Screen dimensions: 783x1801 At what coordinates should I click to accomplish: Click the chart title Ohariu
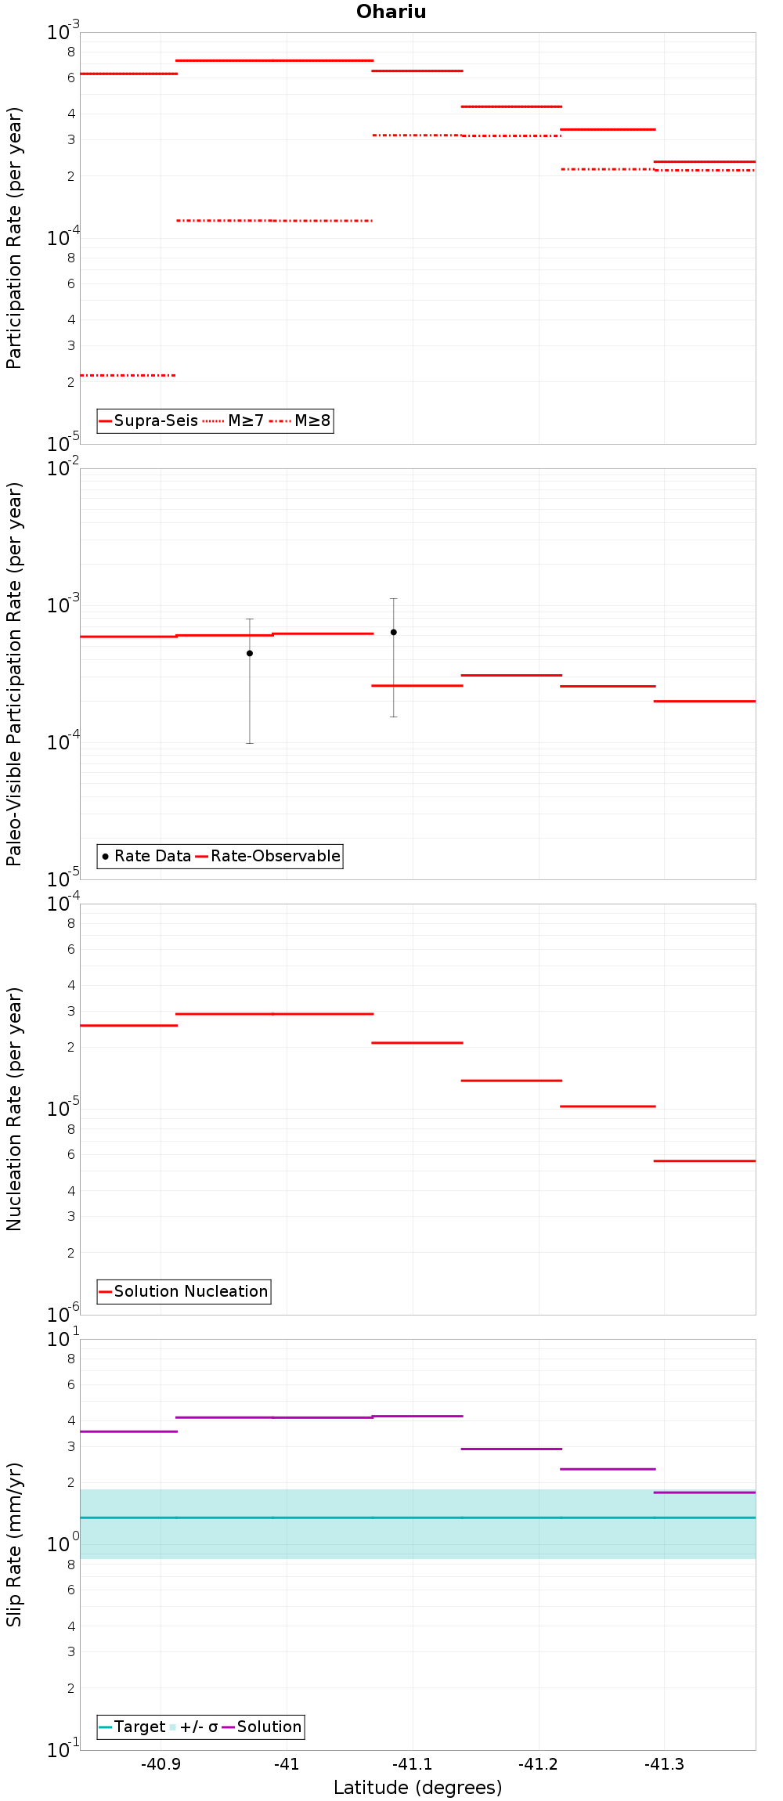(391, 12)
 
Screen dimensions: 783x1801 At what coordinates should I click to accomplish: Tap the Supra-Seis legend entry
(149, 421)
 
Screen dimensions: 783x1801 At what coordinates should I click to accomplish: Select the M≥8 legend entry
(301, 421)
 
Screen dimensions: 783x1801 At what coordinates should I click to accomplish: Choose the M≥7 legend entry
(233, 421)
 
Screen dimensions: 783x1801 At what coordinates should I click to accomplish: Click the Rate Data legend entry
(146, 857)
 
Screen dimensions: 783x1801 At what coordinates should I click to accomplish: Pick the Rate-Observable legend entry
(268, 857)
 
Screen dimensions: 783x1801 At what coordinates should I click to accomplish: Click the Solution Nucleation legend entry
(183, 1292)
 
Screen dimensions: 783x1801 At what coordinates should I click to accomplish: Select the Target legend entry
(132, 1727)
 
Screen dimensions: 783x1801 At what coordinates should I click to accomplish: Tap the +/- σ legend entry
(193, 1727)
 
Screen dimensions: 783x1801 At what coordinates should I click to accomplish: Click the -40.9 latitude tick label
(161, 1764)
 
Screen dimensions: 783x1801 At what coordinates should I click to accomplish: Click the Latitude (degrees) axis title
(418, 1788)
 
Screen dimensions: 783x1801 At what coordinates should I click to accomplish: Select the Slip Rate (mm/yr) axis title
(14, 1544)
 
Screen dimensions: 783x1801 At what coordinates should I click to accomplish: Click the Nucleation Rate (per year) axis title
(14, 1109)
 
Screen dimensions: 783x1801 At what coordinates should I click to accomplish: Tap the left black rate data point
(250, 653)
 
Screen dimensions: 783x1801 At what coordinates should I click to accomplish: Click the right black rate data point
(394, 632)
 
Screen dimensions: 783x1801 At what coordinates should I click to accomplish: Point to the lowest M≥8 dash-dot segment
(128, 376)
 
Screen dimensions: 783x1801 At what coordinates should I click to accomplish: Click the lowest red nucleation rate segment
(705, 1161)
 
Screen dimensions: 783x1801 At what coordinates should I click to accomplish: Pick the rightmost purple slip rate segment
(705, 1492)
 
